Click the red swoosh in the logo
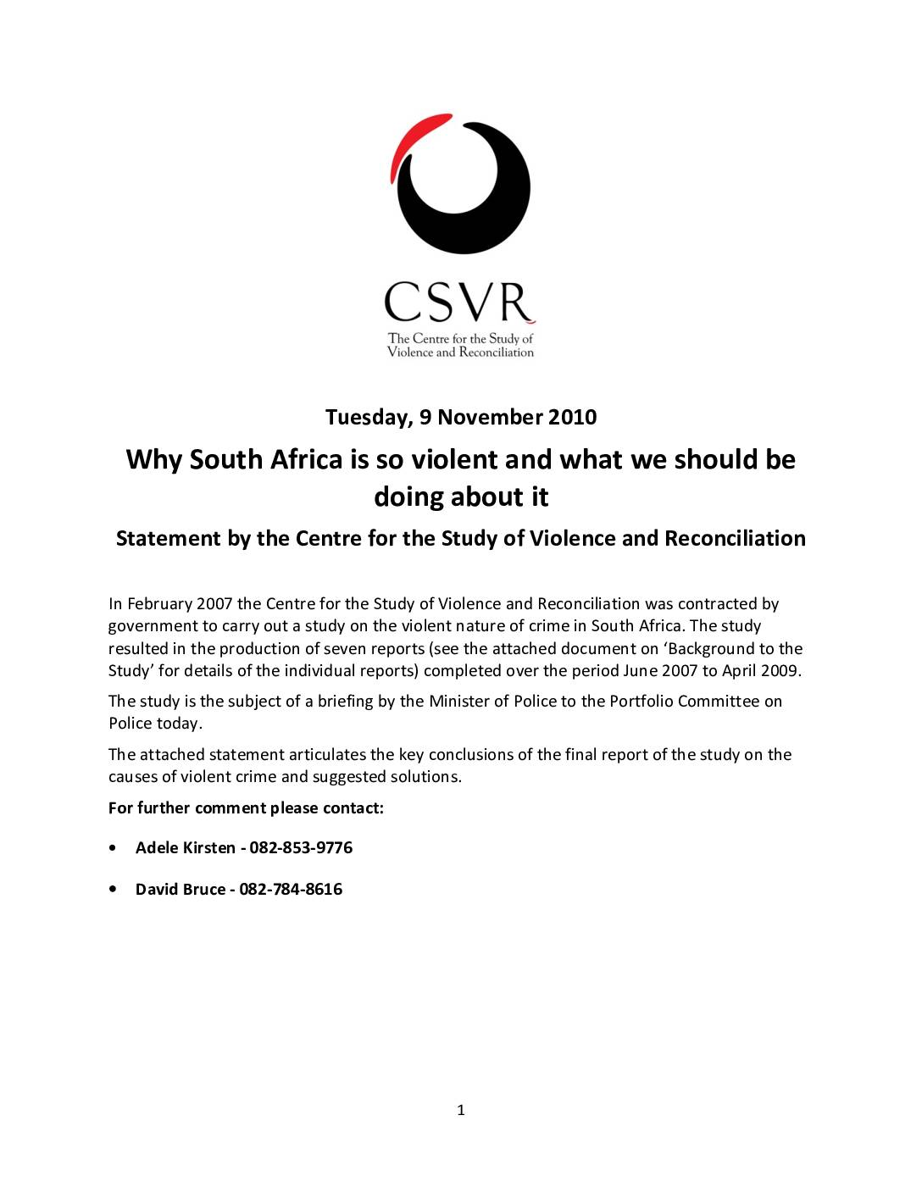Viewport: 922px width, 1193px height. (408, 136)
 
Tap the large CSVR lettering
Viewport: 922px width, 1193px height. (459, 302)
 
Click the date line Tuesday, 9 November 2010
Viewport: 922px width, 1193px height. (461, 417)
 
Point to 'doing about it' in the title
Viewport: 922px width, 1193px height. (461, 497)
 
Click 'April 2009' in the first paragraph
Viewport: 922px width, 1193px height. (760, 671)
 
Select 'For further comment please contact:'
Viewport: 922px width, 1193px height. (246, 808)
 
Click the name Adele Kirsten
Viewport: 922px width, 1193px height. (186, 848)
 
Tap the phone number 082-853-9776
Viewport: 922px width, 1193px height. (301, 848)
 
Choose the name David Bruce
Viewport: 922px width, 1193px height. (181, 890)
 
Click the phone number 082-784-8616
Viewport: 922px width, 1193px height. (291, 890)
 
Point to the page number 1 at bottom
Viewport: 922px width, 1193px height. (461, 1110)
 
